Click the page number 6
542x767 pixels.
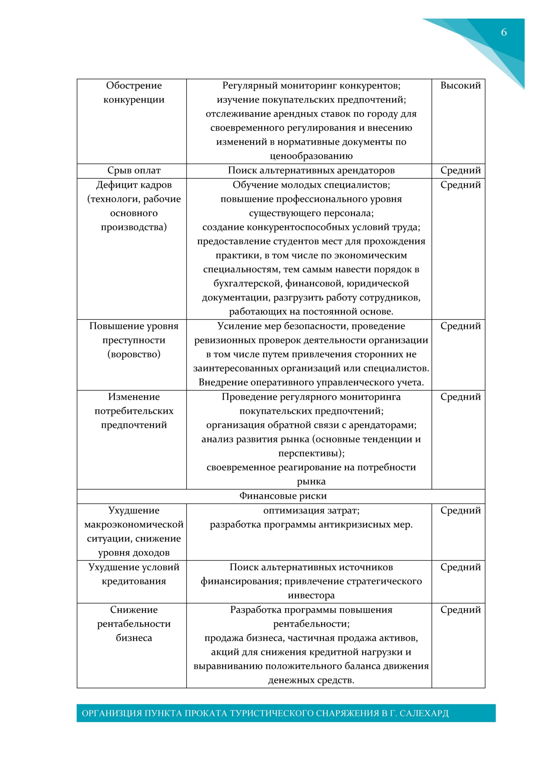(x=504, y=32)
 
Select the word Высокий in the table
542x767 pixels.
(x=461, y=85)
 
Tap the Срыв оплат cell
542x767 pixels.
(x=134, y=170)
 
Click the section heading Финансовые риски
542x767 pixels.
(x=283, y=496)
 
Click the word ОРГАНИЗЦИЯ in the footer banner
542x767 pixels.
(x=112, y=713)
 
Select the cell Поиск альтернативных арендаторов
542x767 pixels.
(x=311, y=170)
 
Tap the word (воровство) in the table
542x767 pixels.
(x=134, y=354)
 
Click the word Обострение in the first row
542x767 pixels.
(x=134, y=85)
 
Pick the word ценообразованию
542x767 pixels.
(x=311, y=156)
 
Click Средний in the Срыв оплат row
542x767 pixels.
(x=461, y=170)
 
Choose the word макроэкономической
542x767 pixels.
(x=134, y=525)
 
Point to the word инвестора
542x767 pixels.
(x=311, y=595)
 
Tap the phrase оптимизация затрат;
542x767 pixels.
(x=311, y=511)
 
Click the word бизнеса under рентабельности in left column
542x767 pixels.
(x=134, y=638)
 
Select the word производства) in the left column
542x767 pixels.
(x=134, y=227)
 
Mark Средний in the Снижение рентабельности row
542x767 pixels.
(x=461, y=610)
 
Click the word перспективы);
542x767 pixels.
(x=311, y=453)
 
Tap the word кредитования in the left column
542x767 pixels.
(x=134, y=581)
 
